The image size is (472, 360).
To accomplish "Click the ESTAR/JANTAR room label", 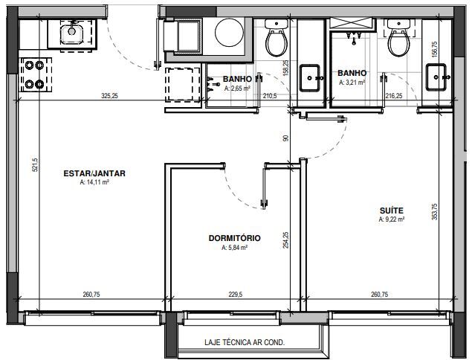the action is coord(94,173).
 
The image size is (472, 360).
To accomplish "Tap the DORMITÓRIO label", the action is coord(234,238).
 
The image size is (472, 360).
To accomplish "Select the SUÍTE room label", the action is coord(391,210).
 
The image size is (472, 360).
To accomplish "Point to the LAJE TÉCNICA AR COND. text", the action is coord(245,343).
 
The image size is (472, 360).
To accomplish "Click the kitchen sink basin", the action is coord(71,33).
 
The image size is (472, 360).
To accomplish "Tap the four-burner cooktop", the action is coord(35,74).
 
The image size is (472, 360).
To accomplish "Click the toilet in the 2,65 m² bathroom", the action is coord(276,37).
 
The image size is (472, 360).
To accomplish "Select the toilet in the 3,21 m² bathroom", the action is coord(398,37).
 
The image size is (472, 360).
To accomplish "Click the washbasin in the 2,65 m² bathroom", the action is coord(309,77).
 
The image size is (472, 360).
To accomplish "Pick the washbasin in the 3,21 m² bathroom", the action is coord(436,77).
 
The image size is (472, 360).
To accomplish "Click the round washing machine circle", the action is coord(230,33).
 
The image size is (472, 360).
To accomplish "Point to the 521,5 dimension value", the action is coord(35,165).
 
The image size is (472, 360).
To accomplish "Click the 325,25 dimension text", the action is coord(109,96).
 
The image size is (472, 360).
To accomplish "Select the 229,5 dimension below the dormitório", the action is coord(234,295).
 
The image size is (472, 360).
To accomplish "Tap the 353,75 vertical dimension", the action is coord(435,212).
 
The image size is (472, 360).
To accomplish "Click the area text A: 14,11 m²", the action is coord(94,182).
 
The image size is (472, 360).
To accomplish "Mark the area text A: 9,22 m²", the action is coord(391,219).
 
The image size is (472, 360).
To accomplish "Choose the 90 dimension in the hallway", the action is coord(286,138).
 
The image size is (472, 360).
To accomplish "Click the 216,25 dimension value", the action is coord(394,96).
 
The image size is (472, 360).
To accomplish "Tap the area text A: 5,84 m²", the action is coord(234,248).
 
